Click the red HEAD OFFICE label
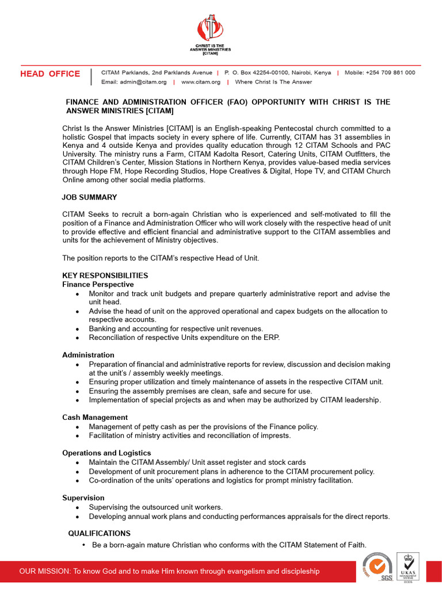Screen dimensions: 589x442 coord(50,74)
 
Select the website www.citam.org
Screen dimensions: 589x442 coord(201,82)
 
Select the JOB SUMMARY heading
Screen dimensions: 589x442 coord(89,197)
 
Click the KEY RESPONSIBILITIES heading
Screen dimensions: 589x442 coord(105,276)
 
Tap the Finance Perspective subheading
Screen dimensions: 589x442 coord(98,284)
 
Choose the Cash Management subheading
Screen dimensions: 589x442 coord(95,417)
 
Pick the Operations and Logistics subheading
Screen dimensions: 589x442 coord(106,453)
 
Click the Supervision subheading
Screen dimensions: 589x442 coord(83,498)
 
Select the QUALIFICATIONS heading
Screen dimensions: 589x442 coord(99,533)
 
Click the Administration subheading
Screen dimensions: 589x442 coord(88,355)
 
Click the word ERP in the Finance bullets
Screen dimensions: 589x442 coord(270,338)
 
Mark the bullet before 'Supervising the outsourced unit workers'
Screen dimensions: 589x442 coord(78,507)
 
